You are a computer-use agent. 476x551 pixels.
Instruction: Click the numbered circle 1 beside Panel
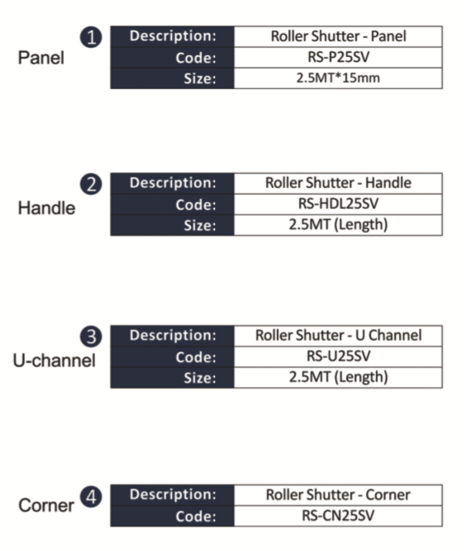click(x=91, y=37)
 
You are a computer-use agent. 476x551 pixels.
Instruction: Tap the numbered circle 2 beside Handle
click(x=91, y=184)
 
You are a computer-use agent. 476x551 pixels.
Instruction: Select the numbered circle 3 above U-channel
click(x=91, y=337)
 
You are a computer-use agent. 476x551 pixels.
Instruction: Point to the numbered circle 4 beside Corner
click(x=91, y=497)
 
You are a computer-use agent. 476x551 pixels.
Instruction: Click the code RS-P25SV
click(x=338, y=57)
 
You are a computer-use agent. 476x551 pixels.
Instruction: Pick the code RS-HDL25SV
click(x=338, y=204)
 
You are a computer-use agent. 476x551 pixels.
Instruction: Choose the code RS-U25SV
click(x=338, y=356)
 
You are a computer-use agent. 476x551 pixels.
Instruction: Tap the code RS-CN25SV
click(x=338, y=516)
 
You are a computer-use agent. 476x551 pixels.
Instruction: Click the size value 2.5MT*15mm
click(x=338, y=78)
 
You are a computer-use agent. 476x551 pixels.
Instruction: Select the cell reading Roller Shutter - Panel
click(x=338, y=36)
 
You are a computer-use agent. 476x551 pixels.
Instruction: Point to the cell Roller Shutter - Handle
click(x=338, y=183)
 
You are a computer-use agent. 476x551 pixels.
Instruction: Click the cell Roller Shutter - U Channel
click(x=338, y=336)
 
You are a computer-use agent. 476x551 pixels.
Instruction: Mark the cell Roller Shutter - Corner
click(x=338, y=495)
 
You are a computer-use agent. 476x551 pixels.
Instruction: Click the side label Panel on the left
click(x=40, y=58)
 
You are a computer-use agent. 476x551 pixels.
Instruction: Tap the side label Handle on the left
click(x=46, y=208)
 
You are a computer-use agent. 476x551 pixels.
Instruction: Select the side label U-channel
click(x=55, y=360)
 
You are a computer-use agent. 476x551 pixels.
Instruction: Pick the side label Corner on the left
click(x=46, y=506)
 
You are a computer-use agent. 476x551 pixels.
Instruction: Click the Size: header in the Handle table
click(x=200, y=225)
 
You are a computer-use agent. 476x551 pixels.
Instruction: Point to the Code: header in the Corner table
click(x=196, y=516)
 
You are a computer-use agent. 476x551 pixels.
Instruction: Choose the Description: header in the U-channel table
click(x=173, y=335)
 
